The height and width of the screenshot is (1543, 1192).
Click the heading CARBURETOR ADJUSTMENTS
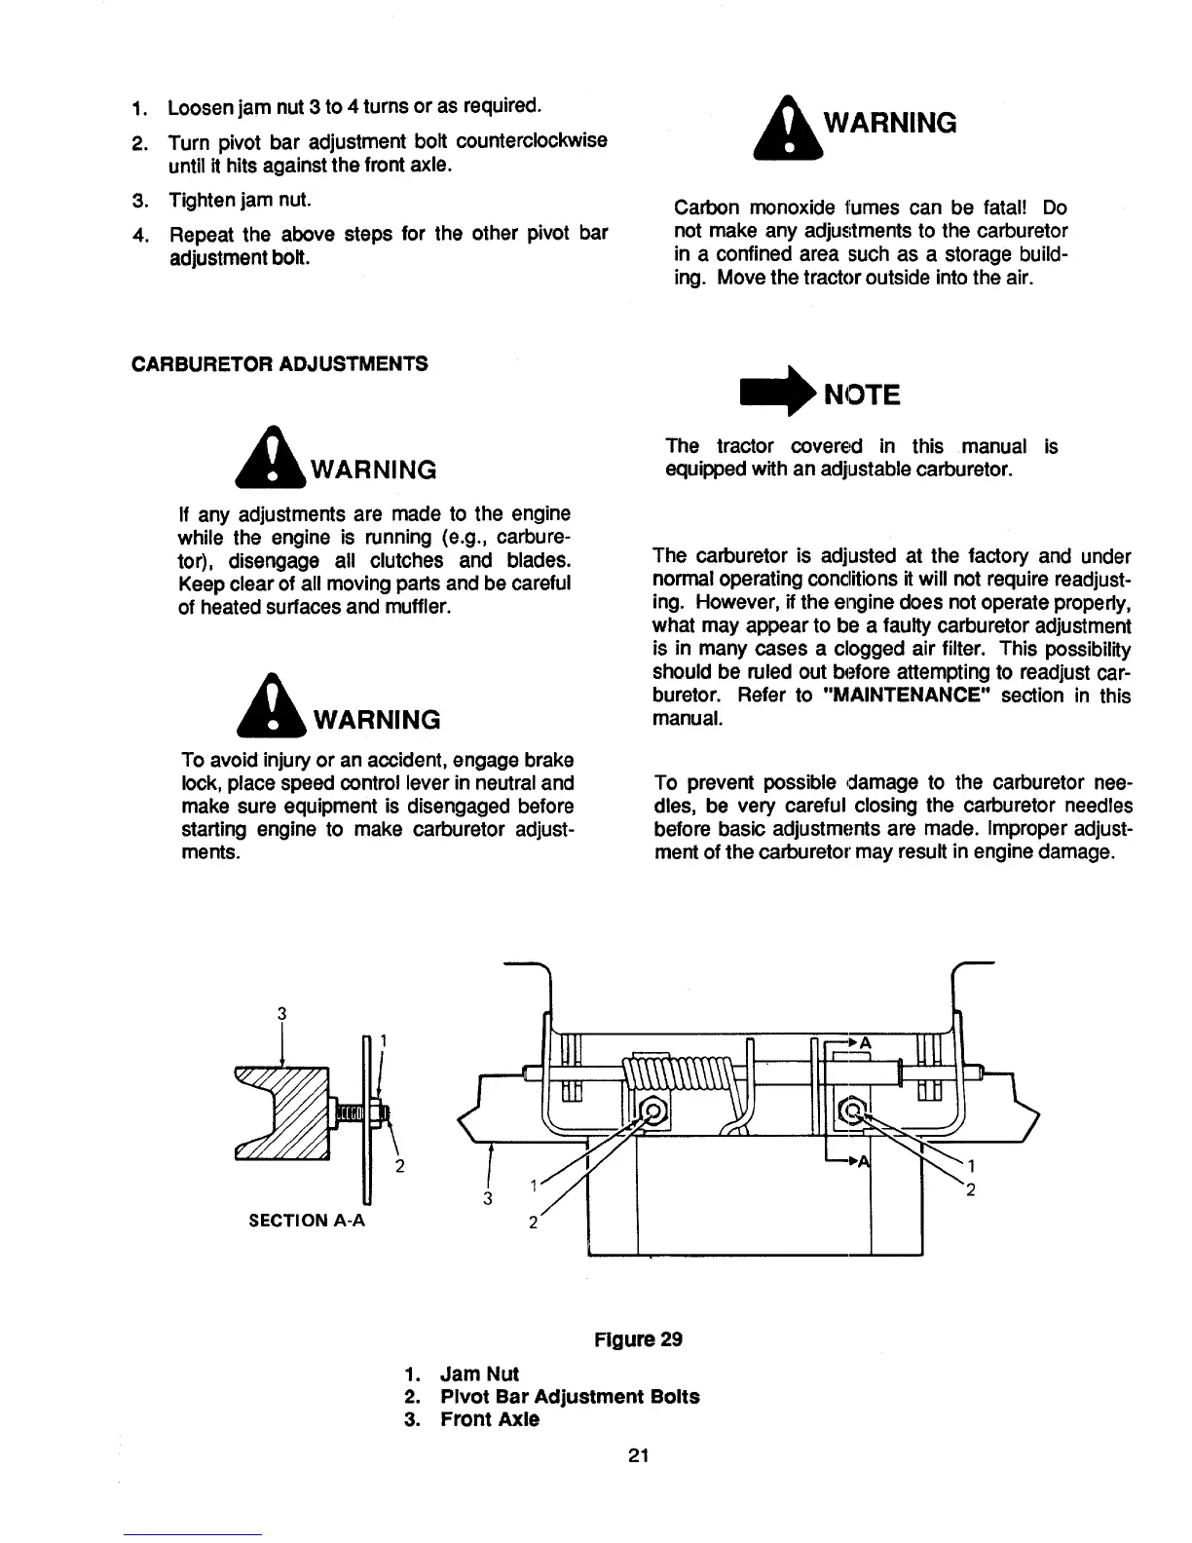coord(279,364)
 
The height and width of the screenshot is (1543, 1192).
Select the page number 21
coord(638,1456)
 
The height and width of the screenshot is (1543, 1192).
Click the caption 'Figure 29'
coord(638,1338)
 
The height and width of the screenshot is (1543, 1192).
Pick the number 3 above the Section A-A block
coord(281,1013)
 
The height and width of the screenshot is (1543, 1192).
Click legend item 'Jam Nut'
coord(479,1374)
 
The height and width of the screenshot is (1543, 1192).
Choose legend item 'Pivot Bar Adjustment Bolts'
coord(569,1396)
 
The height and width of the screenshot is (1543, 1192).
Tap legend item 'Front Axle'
coord(489,1419)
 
